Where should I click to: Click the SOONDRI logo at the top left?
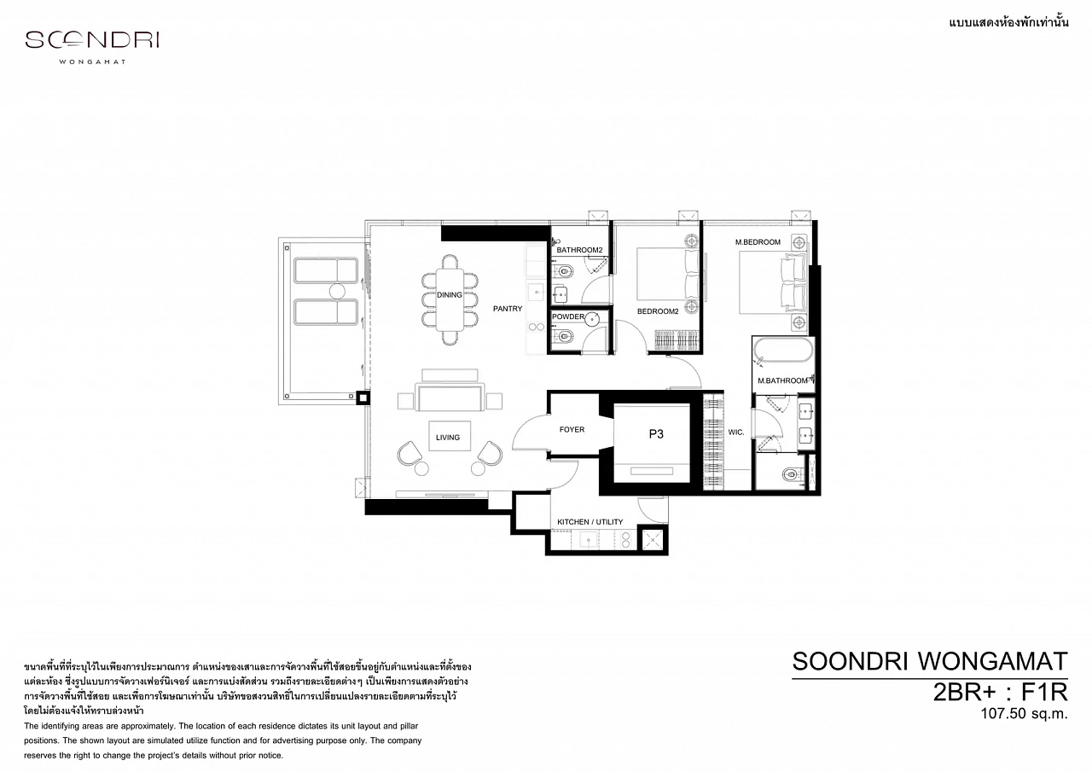92,46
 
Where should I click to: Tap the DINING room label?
449,295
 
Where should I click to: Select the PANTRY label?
508,309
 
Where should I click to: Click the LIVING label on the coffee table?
448,437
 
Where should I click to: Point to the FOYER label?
572,429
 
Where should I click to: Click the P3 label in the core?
656,433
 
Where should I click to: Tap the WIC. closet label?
736,432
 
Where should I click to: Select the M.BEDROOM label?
758,241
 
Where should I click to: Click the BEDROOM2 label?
658,311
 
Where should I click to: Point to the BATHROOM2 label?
579,250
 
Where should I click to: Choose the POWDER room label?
568,316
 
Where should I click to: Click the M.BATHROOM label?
782,380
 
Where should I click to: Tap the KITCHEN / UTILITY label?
590,521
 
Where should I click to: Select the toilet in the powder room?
563,336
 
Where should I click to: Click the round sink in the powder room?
592,319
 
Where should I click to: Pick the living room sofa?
450,397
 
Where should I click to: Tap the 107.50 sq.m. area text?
1025,713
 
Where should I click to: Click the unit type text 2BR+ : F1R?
1001,692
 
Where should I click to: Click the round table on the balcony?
337,292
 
